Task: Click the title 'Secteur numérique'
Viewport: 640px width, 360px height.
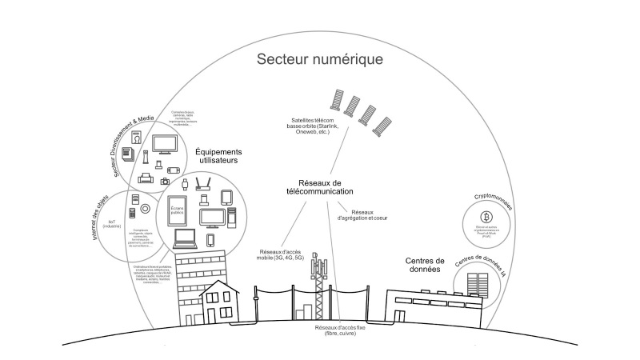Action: point(319,60)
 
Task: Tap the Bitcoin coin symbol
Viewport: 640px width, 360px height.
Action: point(485,217)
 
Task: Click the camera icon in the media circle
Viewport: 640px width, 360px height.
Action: point(165,182)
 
